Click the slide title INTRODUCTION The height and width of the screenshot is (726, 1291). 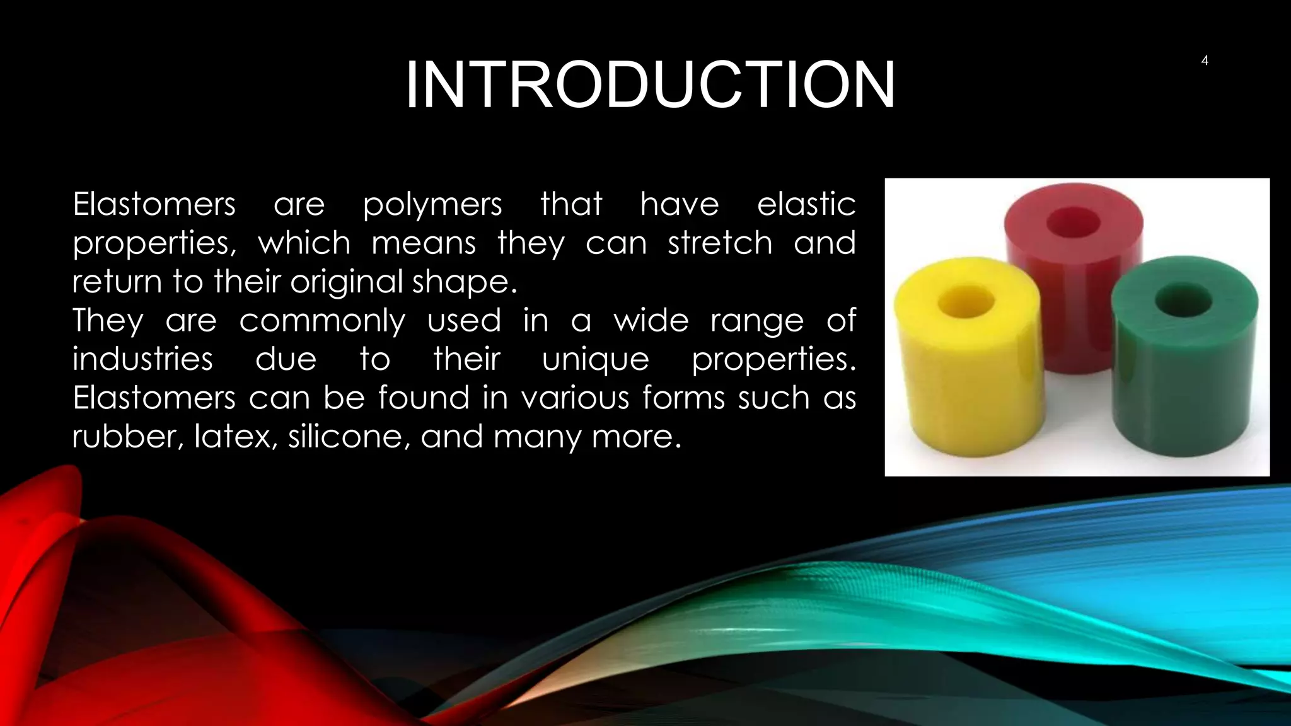(649, 85)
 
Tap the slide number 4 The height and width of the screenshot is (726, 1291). (1205, 60)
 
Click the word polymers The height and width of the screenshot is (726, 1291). (432, 205)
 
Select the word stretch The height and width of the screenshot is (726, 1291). (720, 243)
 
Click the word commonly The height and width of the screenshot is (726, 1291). (322, 321)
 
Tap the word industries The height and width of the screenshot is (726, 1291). (142, 359)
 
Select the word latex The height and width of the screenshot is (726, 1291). (236, 436)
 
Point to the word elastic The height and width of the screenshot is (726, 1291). (806, 205)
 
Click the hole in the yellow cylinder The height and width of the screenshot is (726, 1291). (966, 302)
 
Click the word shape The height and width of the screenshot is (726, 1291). (464, 282)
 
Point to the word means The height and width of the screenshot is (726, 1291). (424, 243)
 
